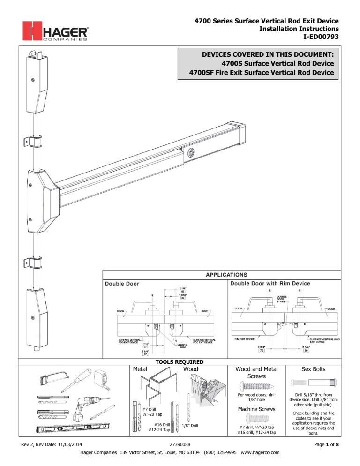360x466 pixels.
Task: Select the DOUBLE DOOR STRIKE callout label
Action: [283, 299]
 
